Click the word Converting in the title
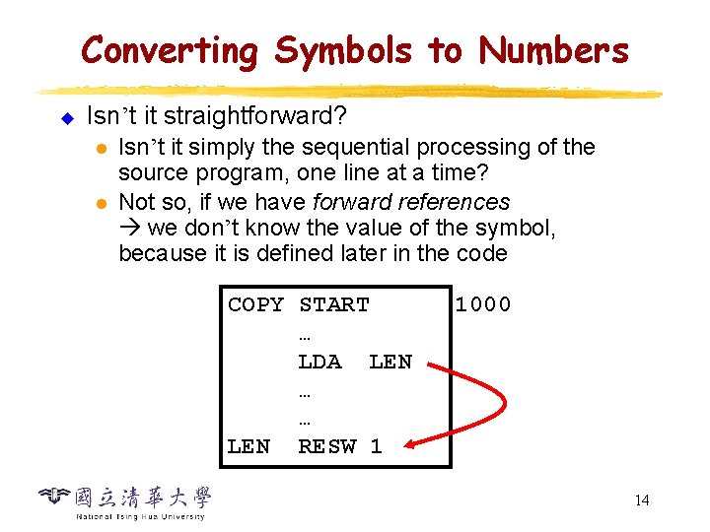click(169, 49)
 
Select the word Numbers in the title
click(553, 49)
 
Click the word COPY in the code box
click(255, 305)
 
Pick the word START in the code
click(333, 305)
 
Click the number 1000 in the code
click(482, 305)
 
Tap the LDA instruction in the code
click(319, 362)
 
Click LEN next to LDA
click(390, 362)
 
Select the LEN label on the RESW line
click(248, 446)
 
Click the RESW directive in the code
click(326, 446)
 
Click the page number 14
click(642, 500)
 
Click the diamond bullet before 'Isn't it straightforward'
click(67, 118)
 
